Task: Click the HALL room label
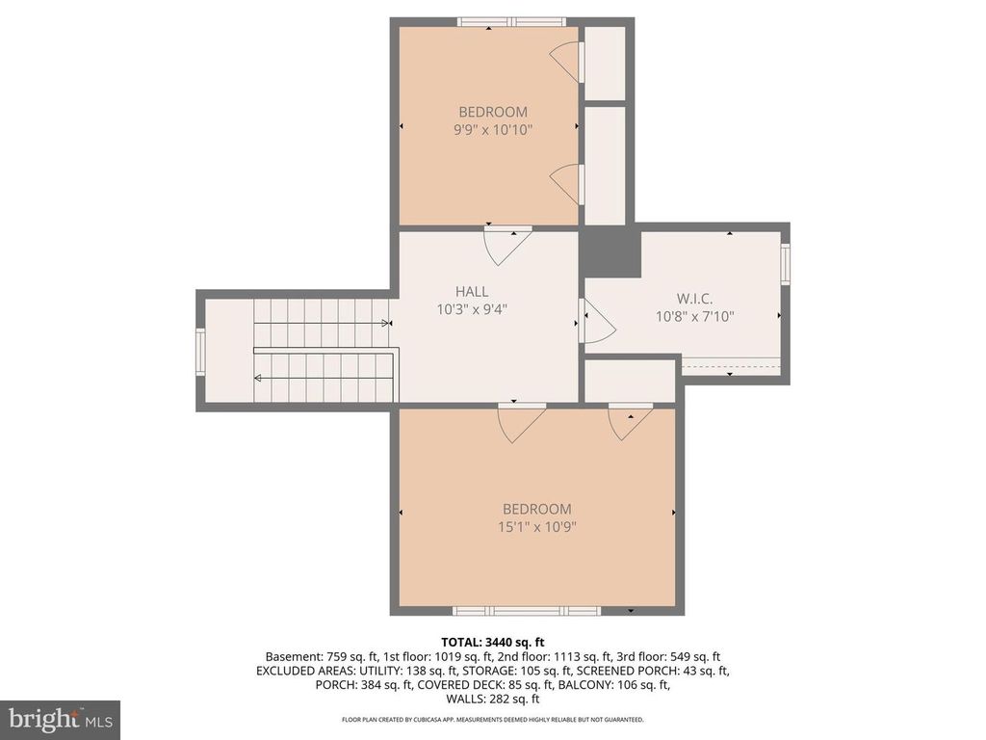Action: click(x=472, y=291)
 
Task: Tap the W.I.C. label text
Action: click(x=694, y=298)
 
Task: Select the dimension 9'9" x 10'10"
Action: click(x=492, y=129)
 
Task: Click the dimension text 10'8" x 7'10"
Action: click(x=694, y=316)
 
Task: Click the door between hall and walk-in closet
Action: click(x=595, y=321)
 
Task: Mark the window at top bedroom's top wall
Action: click(x=510, y=22)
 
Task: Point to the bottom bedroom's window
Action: click(x=526, y=610)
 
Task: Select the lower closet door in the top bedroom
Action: click(x=566, y=183)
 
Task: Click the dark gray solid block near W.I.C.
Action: click(x=610, y=252)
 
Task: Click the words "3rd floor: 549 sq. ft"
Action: click(x=682, y=656)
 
